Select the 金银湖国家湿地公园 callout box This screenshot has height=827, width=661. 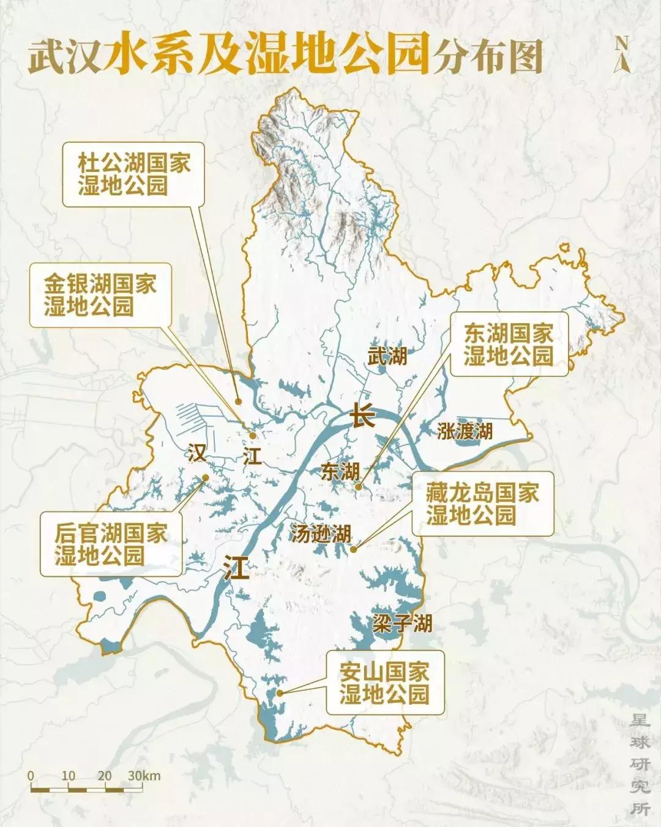pyautogui.click(x=100, y=295)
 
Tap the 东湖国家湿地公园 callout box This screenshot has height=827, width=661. pyautogui.click(x=508, y=344)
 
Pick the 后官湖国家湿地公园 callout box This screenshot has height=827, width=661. pyautogui.click(x=111, y=544)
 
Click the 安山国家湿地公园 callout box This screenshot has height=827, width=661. pyautogui.click(x=384, y=683)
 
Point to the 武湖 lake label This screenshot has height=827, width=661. pyautogui.click(x=387, y=355)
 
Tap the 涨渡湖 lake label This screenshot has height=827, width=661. pyautogui.click(x=465, y=431)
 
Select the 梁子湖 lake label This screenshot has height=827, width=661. pyautogui.click(x=402, y=623)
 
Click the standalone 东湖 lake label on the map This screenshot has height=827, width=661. pyautogui.click(x=340, y=471)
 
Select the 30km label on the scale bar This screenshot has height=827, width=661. pyautogui.click(x=144, y=776)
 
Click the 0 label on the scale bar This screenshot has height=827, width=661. pyautogui.click(x=31, y=776)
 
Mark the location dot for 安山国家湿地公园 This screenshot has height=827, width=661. pyautogui.click(x=279, y=693)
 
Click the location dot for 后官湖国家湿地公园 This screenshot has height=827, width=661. pyautogui.click(x=206, y=478)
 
